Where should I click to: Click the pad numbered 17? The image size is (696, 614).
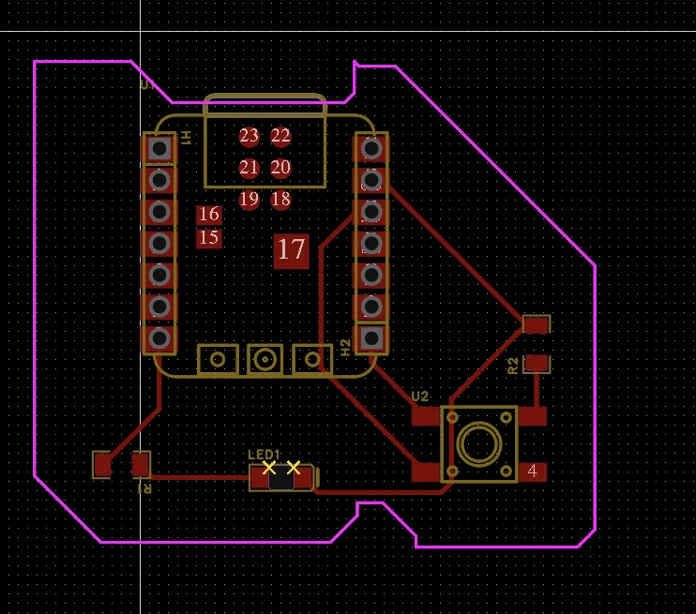(291, 249)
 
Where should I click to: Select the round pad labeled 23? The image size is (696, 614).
(249, 136)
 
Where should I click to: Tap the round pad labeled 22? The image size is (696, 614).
(280, 136)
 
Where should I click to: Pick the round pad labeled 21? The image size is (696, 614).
(249, 168)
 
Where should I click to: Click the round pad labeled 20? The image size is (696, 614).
(280, 168)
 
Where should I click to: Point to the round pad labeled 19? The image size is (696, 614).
(249, 199)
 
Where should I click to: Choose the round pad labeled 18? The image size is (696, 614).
(280, 199)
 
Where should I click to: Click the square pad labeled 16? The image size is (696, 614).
(209, 215)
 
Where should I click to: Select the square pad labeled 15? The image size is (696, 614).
(209, 238)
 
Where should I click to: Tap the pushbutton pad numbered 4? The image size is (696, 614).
(532, 472)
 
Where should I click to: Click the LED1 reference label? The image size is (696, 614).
(264, 455)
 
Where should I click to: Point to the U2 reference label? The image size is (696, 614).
(420, 396)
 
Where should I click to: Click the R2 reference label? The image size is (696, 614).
(512, 365)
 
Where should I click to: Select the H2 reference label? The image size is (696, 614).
(345, 348)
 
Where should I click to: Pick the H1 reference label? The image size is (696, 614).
(186, 137)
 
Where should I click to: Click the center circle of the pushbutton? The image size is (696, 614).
(479, 443)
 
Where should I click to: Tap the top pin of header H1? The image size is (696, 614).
(159, 148)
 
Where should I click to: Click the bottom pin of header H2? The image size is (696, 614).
(371, 337)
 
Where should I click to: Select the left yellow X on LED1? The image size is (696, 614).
(269, 467)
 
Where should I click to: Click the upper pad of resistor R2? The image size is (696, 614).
(536, 324)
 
